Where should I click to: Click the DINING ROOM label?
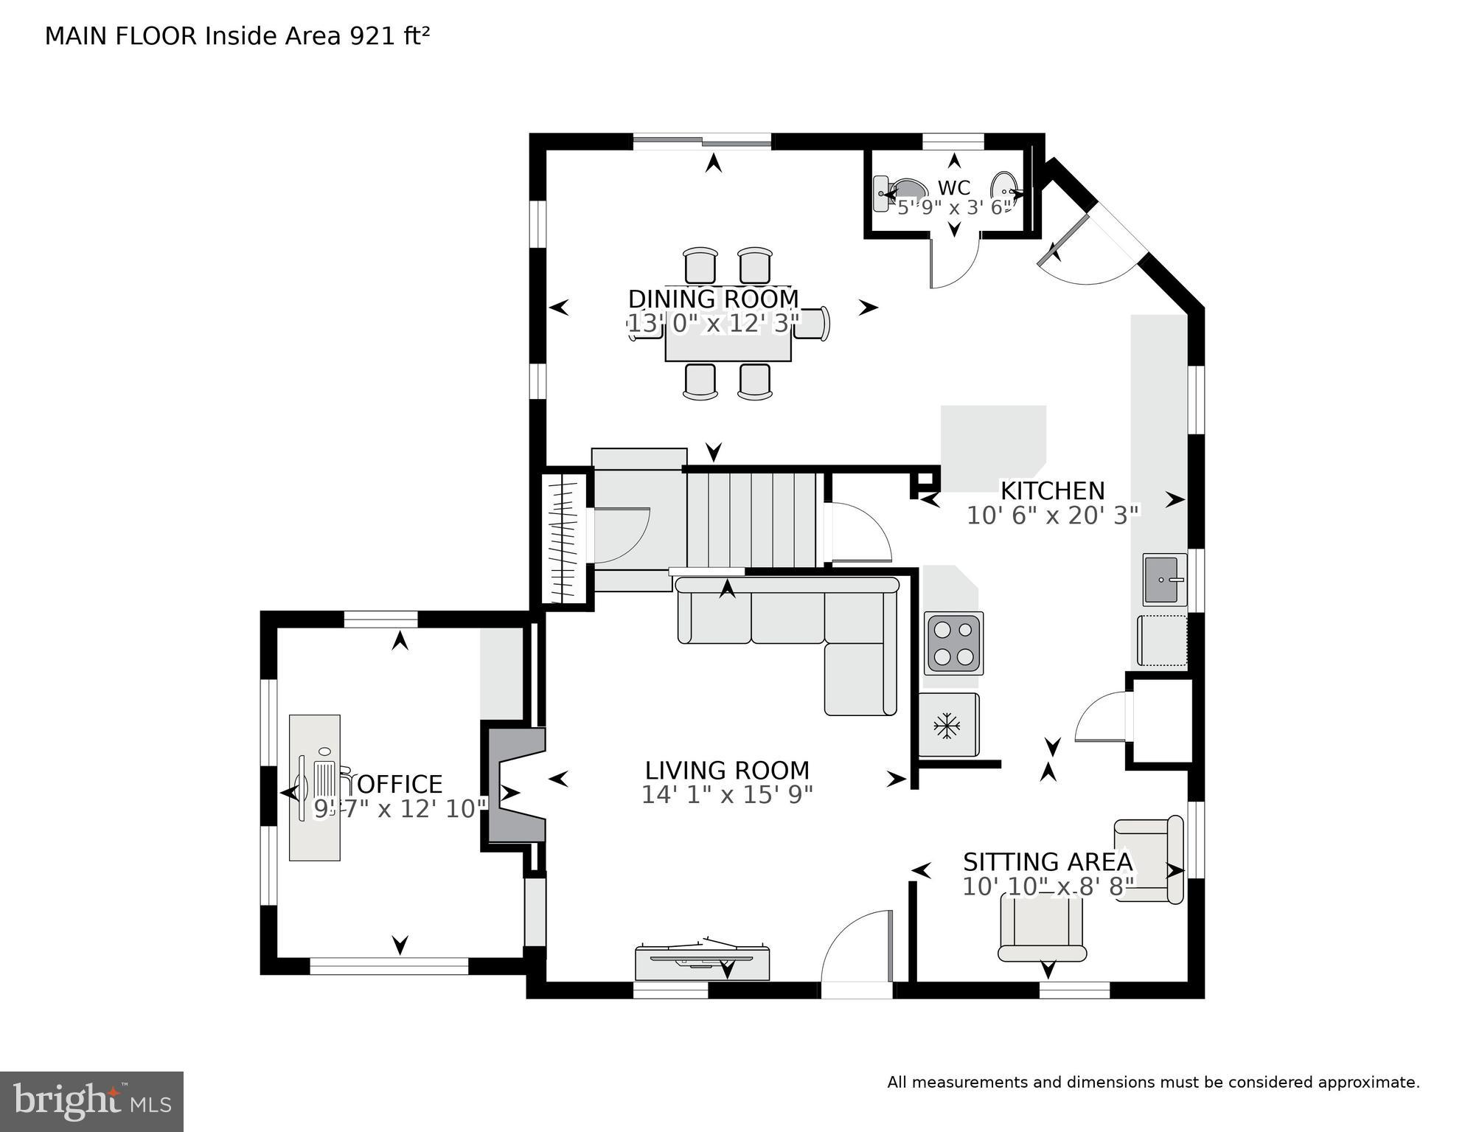[x=713, y=299]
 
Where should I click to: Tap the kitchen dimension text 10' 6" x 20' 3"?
[x=1052, y=515]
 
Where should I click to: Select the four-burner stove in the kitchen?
[x=953, y=643]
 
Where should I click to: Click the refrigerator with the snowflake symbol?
[x=948, y=725]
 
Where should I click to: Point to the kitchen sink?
[x=1164, y=580]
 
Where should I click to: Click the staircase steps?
[x=751, y=520]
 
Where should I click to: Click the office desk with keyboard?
[x=315, y=787]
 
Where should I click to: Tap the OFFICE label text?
[x=399, y=783]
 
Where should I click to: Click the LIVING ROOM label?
[x=727, y=770]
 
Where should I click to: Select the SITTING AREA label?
[x=1047, y=861]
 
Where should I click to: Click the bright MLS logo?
[x=91, y=1101]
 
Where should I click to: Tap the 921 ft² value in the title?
[x=389, y=35]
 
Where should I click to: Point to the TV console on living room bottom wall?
[x=702, y=962]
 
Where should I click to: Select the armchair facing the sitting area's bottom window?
[x=1042, y=928]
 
